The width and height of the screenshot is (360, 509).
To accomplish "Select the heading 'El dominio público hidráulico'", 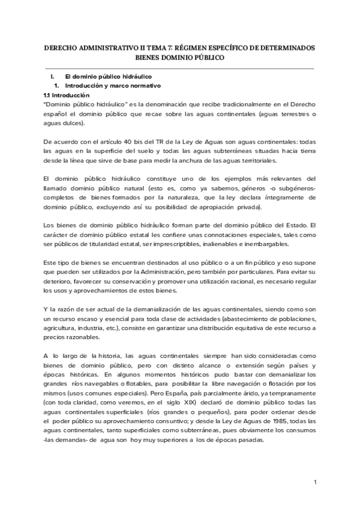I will coord(108,77).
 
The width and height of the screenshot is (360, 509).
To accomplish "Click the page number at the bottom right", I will coord(315,483).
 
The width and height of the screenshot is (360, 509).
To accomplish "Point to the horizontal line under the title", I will coord(180,68).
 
